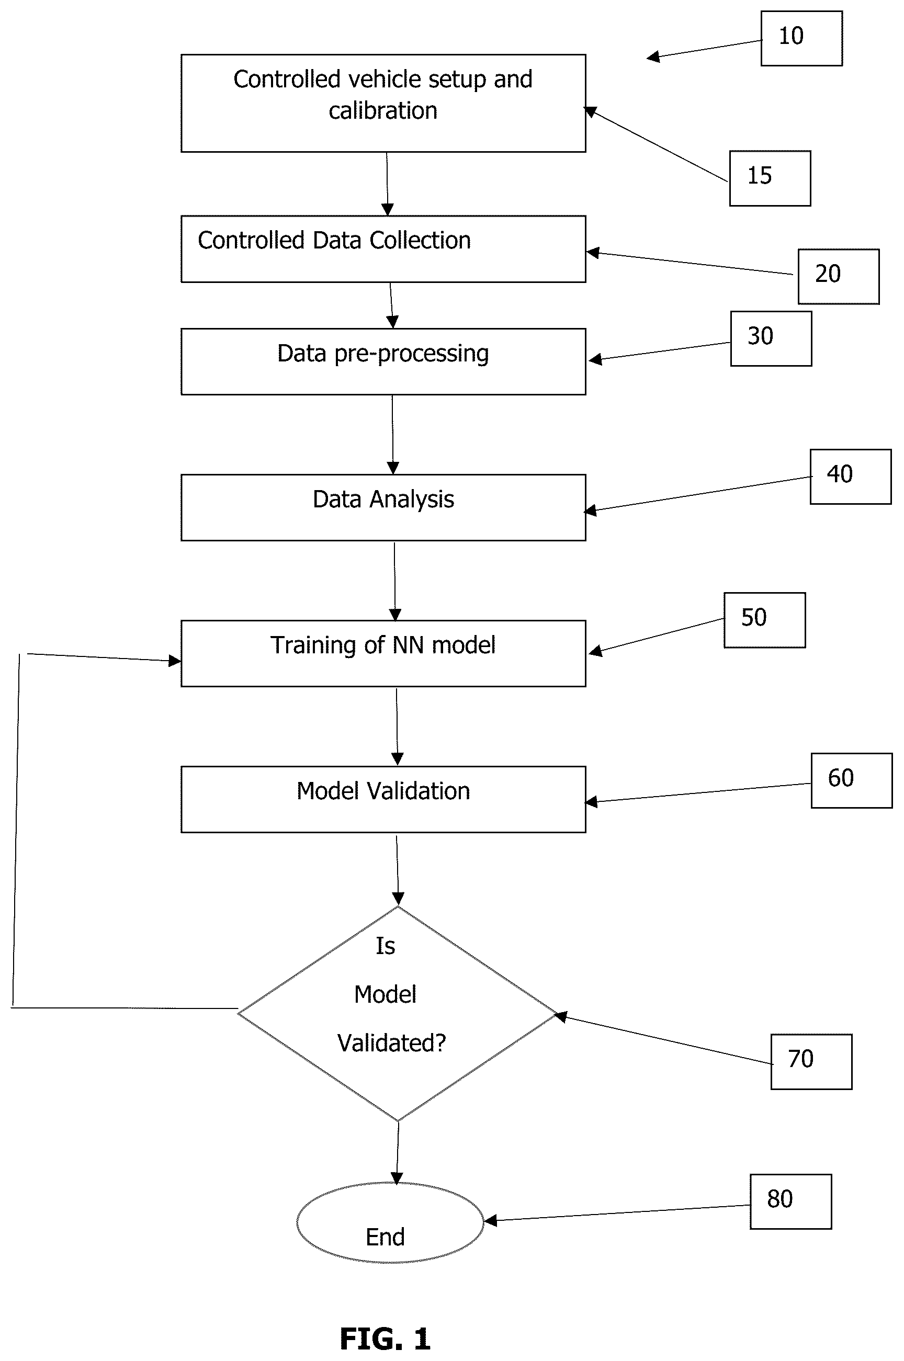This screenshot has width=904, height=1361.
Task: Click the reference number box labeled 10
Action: (801, 38)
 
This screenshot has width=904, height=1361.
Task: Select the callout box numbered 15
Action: (770, 178)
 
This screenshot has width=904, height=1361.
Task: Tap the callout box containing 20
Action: (838, 276)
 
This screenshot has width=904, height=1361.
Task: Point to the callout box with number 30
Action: (771, 338)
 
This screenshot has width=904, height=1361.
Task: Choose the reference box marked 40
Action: (851, 477)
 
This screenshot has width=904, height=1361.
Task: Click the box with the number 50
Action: (764, 620)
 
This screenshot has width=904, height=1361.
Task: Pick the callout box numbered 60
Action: (852, 780)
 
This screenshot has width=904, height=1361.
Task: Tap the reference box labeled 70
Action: (811, 1061)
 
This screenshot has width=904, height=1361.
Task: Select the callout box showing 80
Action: (790, 1201)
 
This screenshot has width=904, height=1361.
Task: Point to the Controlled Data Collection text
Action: (334, 241)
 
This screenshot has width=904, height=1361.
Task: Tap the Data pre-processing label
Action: (383, 354)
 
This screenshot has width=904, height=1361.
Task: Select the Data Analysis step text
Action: (383, 500)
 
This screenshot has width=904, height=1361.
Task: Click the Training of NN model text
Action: (383, 645)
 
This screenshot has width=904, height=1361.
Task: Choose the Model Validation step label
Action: (383, 791)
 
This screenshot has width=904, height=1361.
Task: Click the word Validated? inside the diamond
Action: (391, 1043)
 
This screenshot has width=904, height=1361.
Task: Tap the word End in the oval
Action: (385, 1237)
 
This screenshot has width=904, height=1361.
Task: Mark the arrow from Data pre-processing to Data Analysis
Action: (392, 435)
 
